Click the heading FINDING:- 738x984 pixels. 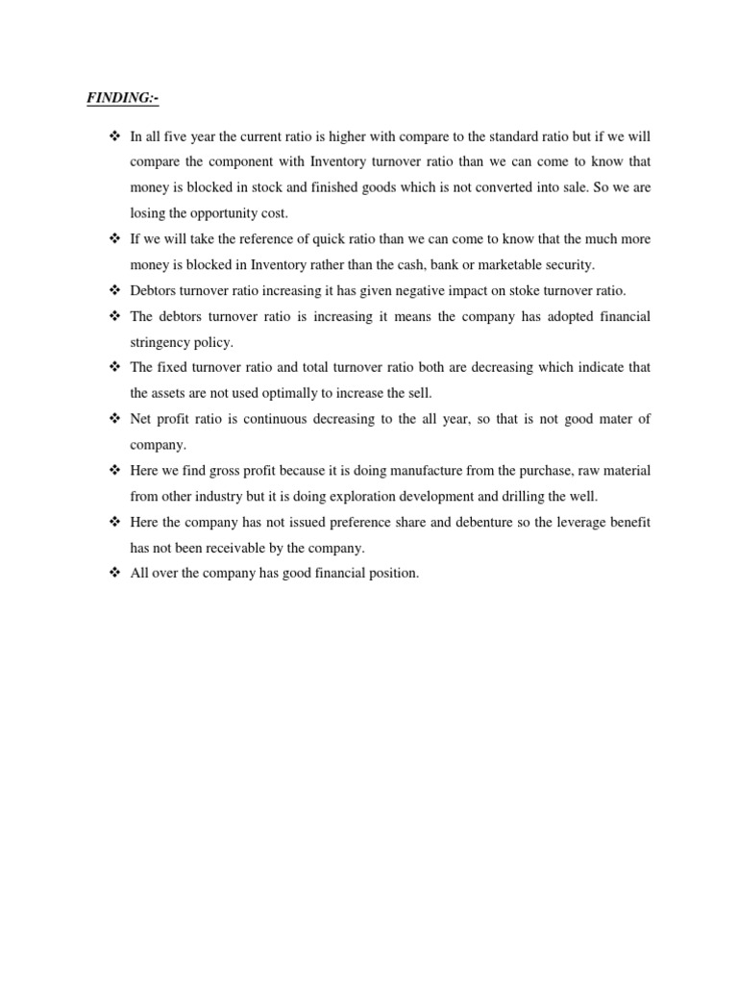click(119, 98)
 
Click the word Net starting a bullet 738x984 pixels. click(141, 419)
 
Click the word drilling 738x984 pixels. click(544, 497)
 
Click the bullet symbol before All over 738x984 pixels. click(113, 574)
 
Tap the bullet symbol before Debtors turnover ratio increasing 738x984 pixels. click(113, 290)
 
